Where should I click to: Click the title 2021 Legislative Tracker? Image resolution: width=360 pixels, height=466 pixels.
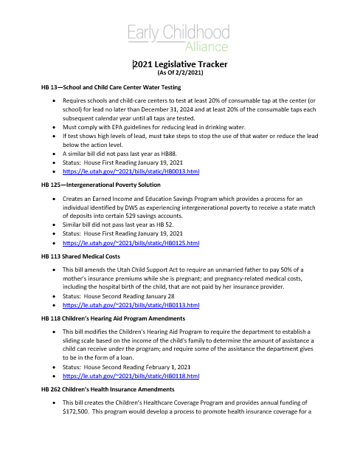click(x=181, y=65)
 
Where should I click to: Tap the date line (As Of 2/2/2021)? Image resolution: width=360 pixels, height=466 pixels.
click(x=181, y=74)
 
